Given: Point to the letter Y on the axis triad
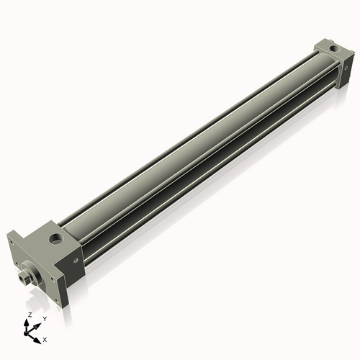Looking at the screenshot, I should coord(45,318).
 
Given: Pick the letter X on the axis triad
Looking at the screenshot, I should coord(45,338).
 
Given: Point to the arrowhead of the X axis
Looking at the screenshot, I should coord(39,336).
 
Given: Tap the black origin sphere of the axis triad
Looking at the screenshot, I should coord(29,332).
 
